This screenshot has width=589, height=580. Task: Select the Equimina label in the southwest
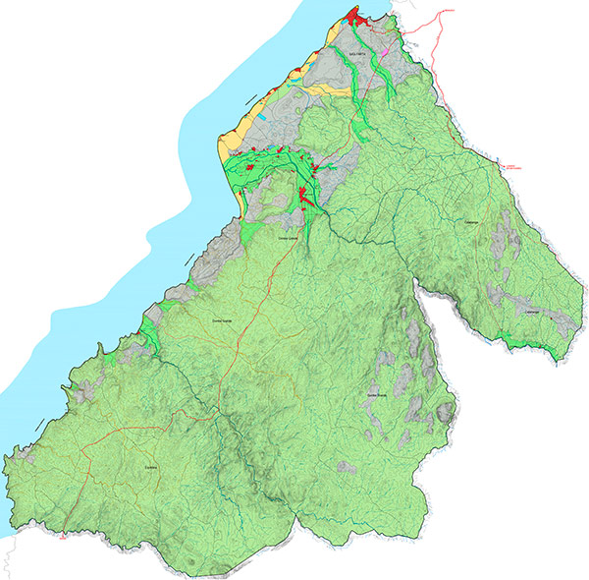click(150, 467)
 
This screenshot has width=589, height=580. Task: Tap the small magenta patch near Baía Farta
click(388, 46)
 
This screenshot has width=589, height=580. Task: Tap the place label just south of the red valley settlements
click(287, 237)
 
